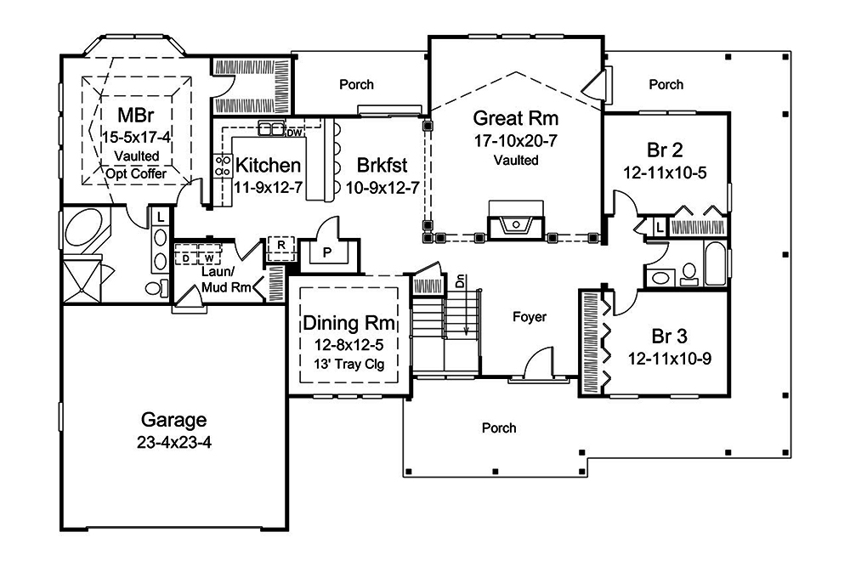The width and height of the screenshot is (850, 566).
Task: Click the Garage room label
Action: tap(173, 420)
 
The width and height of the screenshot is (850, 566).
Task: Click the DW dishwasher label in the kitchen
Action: tap(294, 133)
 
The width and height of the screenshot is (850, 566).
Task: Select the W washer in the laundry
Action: tap(207, 256)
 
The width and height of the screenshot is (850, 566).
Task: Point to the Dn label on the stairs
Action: tap(460, 280)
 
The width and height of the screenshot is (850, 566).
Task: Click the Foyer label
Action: tap(530, 317)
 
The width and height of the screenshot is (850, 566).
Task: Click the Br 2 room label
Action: tap(664, 151)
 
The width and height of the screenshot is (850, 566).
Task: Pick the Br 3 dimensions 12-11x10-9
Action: tap(669, 358)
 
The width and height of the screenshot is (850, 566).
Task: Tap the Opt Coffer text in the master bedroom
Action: tap(136, 173)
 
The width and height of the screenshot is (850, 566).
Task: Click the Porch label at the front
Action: tap(498, 427)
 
